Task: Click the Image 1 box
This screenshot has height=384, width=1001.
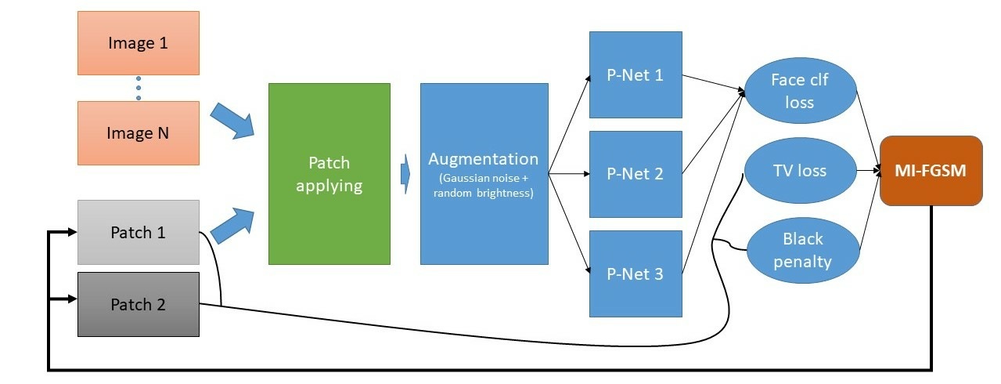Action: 138,43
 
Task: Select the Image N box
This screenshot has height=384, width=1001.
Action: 138,133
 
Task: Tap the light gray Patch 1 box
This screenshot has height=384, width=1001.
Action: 138,232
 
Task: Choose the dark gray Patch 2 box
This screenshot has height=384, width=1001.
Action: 138,304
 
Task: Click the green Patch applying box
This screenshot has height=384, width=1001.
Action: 329,174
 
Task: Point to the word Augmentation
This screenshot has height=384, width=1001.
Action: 483,159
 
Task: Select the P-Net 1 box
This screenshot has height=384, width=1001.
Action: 635,75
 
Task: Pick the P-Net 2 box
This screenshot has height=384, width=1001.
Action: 635,174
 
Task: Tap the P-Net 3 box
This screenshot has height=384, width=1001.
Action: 635,274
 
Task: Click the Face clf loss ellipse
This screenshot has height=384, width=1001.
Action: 802,91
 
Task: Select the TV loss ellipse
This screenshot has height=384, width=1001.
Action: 800,170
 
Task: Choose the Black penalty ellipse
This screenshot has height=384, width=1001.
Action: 801,250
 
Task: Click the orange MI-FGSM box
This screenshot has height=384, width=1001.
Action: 931,171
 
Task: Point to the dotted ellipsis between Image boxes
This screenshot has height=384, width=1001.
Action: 139,88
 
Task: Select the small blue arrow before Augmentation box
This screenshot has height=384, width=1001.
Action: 405,174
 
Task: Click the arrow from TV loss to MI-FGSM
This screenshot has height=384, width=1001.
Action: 867,170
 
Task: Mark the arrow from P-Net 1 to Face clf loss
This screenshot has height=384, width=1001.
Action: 714,83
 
